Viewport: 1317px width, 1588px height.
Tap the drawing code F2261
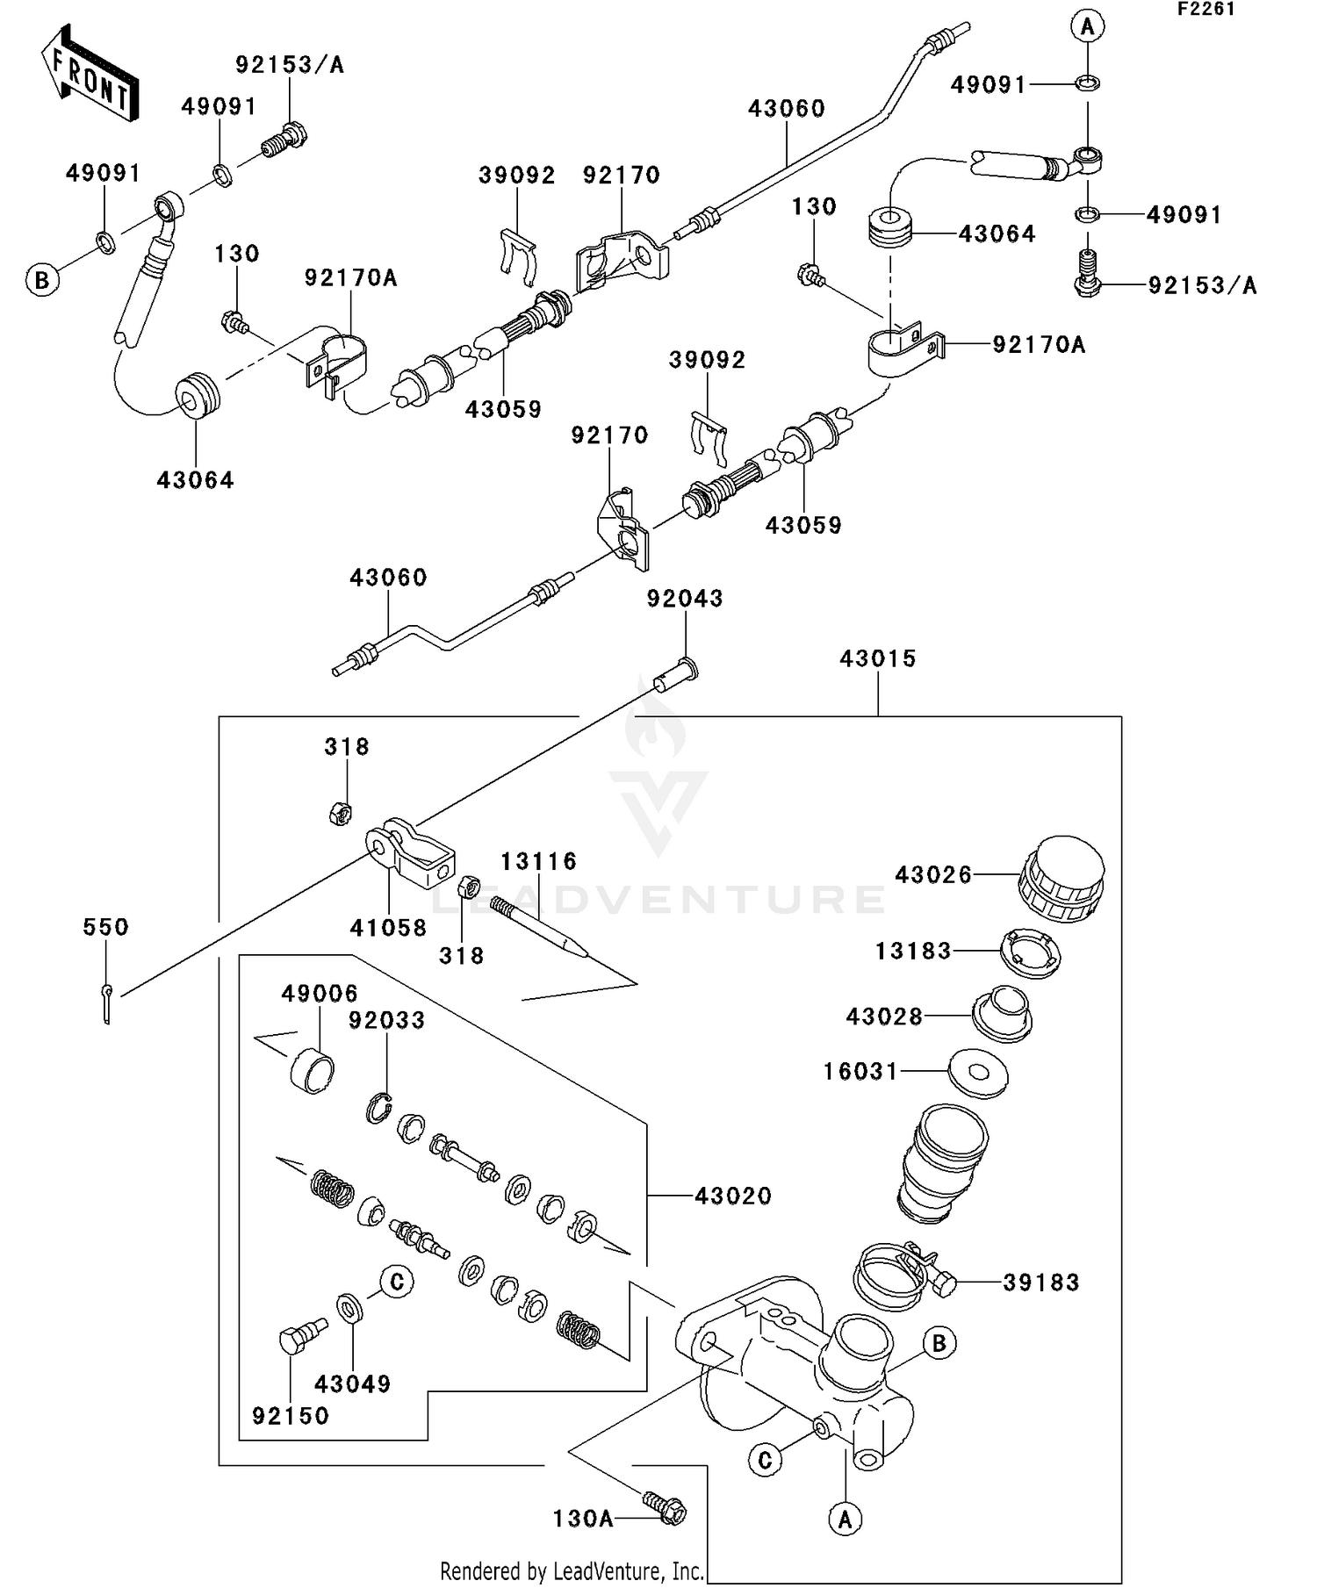pyautogui.click(x=1205, y=10)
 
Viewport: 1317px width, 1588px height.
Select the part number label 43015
pyautogui.click(x=877, y=658)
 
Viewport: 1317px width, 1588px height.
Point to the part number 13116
pyautogui.click(x=539, y=861)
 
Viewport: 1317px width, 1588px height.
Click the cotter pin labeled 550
pyautogui.click(x=106, y=1002)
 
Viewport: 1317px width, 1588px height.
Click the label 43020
pyautogui.click(x=733, y=1196)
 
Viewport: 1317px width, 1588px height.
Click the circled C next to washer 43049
pyautogui.click(x=397, y=1283)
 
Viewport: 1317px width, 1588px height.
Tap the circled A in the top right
pyautogui.click(x=1087, y=27)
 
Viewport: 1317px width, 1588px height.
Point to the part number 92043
pyautogui.click(x=685, y=599)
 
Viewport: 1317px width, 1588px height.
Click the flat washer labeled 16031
pyautogui.click(x=978, y=1073)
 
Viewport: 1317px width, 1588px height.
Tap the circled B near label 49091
pyautogui.click(x=41, y=281)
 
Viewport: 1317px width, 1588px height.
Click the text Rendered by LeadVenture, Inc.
pyautogui.click(x=572, y=1570)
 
